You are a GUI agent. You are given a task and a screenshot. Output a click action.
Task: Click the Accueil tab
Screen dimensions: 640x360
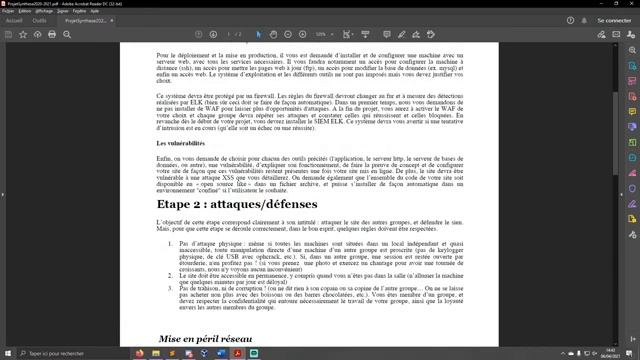15,18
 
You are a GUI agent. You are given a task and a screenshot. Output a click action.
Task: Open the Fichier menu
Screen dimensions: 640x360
9,10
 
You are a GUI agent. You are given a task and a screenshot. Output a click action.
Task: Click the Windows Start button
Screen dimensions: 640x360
6,353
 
